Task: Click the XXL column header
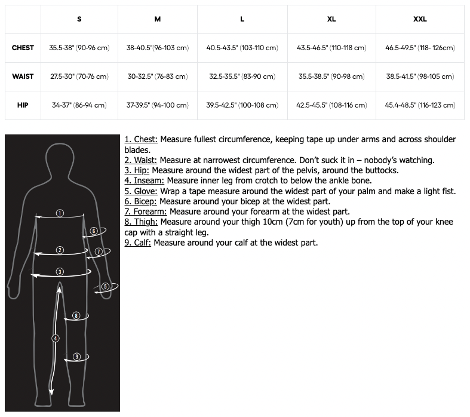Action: pyautogui.click(x=420, y=19)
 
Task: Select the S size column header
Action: pyautogui.click(x=79, y=19)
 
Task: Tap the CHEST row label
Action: pyautogui.click(x=23, y=48)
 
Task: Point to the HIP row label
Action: pyautogui.click(x=23, y=105)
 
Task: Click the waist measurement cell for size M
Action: pyautogui.click(x=157, y=76)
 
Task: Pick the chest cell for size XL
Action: pyautogui.click(x=331, y=48)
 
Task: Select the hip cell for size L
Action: pyautogui.click(x=242, y=105)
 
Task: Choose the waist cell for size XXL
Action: pyautogui.click(x=420, y=76)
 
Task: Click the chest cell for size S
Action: pyautogui.click(x=79, y=48)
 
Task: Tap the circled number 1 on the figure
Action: pyautogui.click(x=60, y=213)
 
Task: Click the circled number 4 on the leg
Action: pyautogui.click(x=56, y=338)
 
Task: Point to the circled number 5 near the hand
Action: pyautogui.click(x=106, y=287)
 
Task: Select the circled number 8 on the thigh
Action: pyautogui.click(x=76, y=315)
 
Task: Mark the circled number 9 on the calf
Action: pyautogui.click(x=76, y=357)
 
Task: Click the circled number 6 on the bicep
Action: pyautogui.click(x=94, y=231)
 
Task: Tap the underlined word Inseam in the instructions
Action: pyautogui.click(x=148, y=180)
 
